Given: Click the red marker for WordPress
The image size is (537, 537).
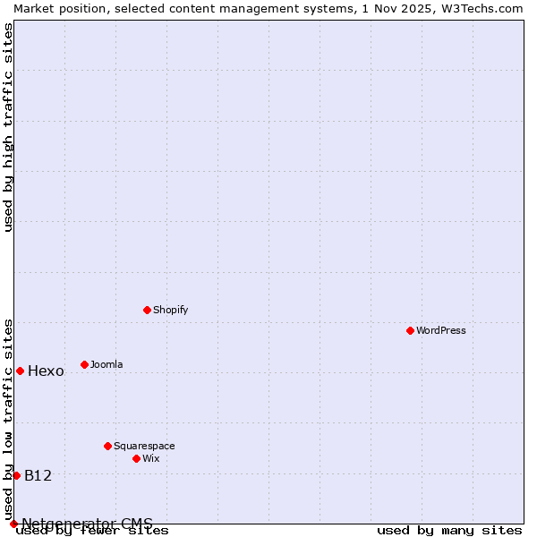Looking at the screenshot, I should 411,330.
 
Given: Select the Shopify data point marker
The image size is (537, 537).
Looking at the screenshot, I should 148,310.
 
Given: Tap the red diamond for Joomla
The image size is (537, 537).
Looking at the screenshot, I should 85,364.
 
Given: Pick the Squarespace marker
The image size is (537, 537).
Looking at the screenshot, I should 108,446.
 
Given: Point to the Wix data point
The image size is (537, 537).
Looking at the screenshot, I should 137,458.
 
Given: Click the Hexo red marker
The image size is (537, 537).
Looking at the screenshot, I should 20,371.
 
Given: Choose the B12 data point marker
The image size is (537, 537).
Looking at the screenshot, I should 16,475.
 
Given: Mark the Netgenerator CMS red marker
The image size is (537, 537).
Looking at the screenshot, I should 13,524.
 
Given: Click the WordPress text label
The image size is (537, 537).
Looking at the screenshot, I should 441,330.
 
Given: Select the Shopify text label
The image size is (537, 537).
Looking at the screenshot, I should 171,310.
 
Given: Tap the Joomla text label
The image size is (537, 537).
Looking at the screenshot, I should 107,364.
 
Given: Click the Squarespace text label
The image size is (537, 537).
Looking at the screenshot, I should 144,446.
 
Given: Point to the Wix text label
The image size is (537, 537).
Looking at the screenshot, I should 151,458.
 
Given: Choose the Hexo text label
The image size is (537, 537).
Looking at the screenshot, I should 46,371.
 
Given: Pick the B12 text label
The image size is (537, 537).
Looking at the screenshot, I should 38,475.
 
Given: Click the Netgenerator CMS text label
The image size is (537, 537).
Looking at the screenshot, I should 87,524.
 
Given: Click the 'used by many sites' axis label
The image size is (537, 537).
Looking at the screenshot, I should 449,531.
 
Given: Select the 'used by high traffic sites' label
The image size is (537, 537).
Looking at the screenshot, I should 8,127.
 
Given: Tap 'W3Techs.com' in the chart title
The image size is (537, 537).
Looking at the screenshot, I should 481,8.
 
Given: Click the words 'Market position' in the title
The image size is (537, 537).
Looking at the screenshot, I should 55,8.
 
